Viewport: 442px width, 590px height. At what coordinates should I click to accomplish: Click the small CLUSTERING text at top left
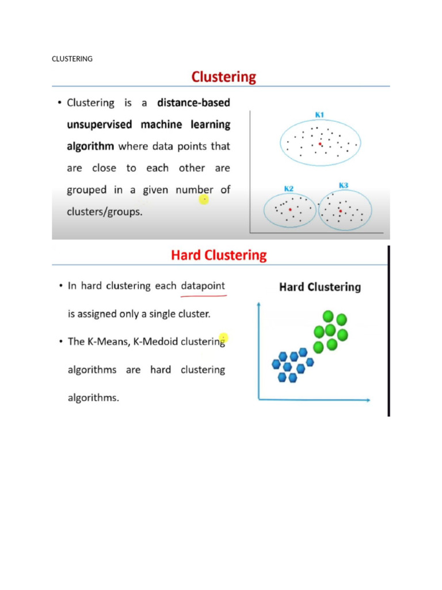tap(72, 59)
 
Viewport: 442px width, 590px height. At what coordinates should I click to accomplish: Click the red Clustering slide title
tap(223, 77)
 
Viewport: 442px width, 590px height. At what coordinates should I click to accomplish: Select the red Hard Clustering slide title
tap(219, 255)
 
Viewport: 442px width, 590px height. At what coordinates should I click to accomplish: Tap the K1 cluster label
tap(319, 115)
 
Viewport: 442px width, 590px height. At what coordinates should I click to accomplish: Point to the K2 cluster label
tap(289, 188)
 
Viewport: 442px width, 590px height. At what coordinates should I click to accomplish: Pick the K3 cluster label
tap(344, 186)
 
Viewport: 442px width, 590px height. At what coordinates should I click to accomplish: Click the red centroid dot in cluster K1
tap(321, 144)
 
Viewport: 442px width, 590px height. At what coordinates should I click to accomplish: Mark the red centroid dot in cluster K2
tap(290, 210)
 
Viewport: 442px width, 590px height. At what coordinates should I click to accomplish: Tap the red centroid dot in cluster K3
tap(340, 211)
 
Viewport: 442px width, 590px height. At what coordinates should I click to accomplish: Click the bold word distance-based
tap(193, 103)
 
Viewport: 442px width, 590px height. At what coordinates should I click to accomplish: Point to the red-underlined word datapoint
tap(203, 286)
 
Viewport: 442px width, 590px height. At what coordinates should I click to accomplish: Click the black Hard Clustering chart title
tap(319, 287)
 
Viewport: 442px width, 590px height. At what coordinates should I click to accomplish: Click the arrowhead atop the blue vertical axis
tap(260, 304)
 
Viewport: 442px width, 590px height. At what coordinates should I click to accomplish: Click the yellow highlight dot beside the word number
tap(204, 199)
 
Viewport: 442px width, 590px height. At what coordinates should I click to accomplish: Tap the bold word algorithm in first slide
tap(90, 146)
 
